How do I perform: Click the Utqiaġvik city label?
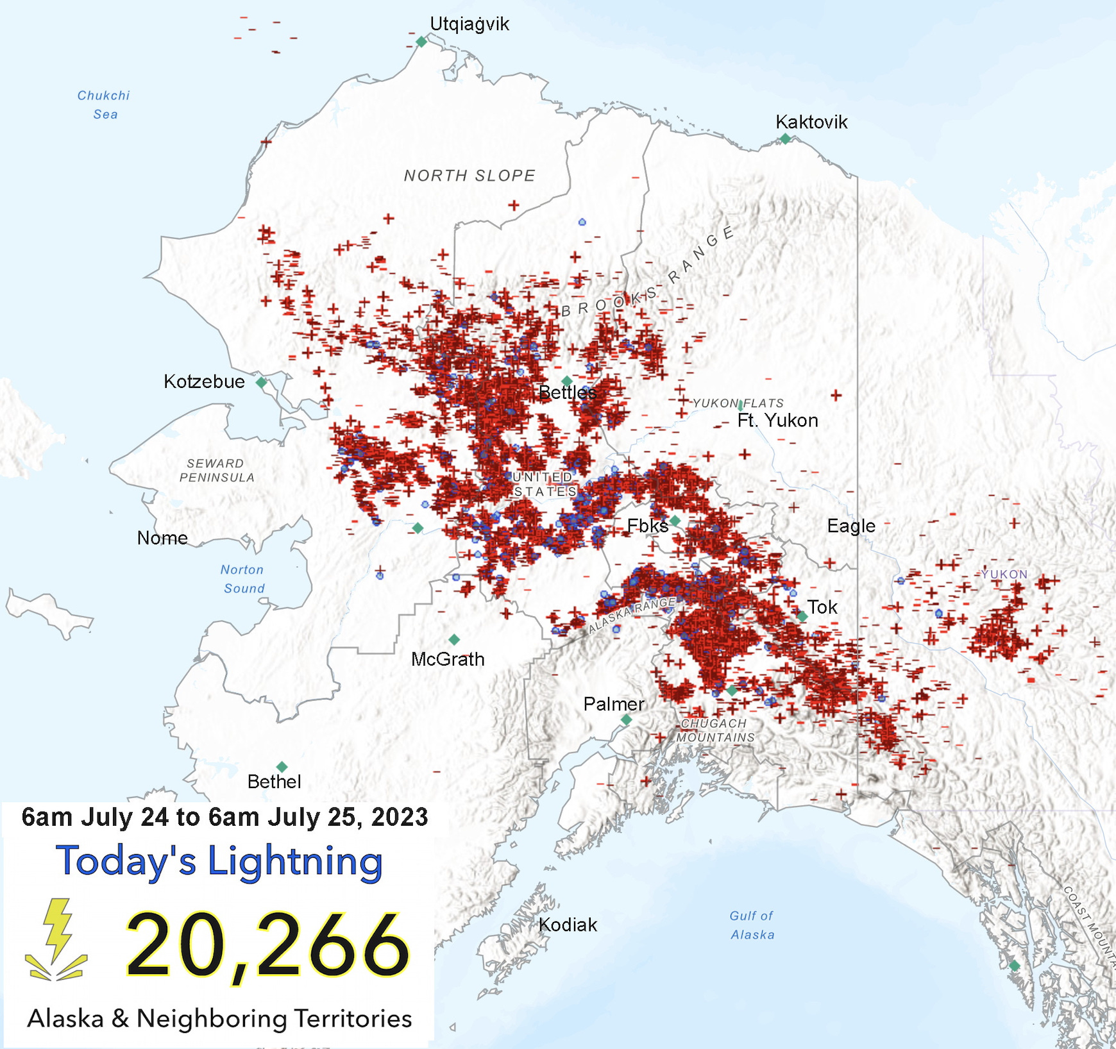(x=469, y=24)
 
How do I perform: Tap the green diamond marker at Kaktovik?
(x=785, y=138)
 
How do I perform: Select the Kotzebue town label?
(x=204, y=382)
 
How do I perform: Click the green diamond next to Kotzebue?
(x=261, y=382)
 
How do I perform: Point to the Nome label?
(x=162, y=538)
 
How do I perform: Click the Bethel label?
(x=274, y=782)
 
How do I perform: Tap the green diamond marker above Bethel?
(x=282, y=767)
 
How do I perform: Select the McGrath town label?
(x=448, y=659)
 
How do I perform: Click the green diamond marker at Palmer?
(x=627, y=719)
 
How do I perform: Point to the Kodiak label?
(x=568, y=925)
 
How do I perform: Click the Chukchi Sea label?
(x=104, y=105)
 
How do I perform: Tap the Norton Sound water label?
(x=242, y=579)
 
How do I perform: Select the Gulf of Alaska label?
(x=752, y=925)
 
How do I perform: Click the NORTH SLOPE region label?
(x=469, y=176)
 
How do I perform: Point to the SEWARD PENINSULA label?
(x=216, y=470)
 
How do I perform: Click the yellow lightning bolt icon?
(x=56, y=939)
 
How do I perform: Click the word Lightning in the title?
(x=295, y=861)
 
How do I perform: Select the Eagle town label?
(x=850, y=526)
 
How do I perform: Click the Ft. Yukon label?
(x=777, y=421)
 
